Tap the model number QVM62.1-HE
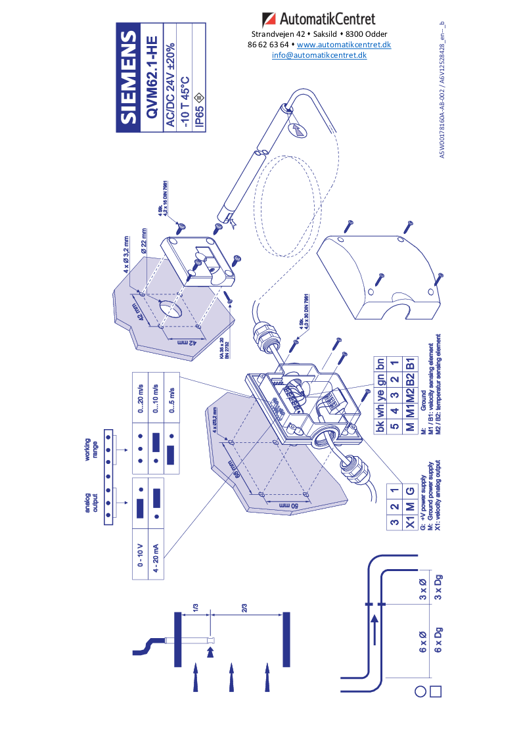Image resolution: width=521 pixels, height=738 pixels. tap(150, 77)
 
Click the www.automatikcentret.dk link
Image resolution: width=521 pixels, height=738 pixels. tap(344, 45)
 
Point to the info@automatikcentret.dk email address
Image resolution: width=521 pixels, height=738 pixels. tap(319, 55)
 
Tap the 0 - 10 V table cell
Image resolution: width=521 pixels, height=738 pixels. tap(141, 556)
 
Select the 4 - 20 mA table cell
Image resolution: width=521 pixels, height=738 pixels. tap(156, 556)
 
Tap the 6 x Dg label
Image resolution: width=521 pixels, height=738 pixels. tap(439, 641)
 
